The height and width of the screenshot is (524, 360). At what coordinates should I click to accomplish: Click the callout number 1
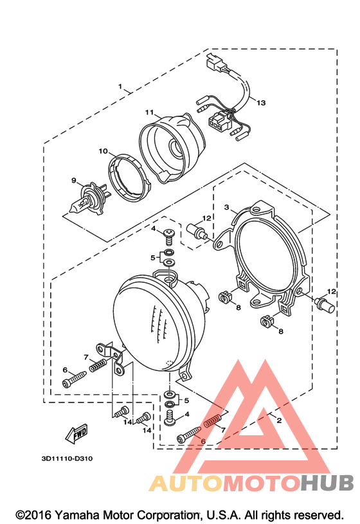[120, 87]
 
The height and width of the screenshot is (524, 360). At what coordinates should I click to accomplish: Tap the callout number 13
[261, 103]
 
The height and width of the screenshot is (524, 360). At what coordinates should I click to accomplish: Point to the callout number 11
[149, 113]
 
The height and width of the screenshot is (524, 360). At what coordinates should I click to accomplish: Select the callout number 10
[104, 151]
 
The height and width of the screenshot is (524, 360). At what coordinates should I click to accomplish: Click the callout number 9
[74, 181]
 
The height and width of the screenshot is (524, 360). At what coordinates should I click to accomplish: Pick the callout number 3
[227, 207]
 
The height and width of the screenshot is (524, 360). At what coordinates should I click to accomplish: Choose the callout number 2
[279, 420]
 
